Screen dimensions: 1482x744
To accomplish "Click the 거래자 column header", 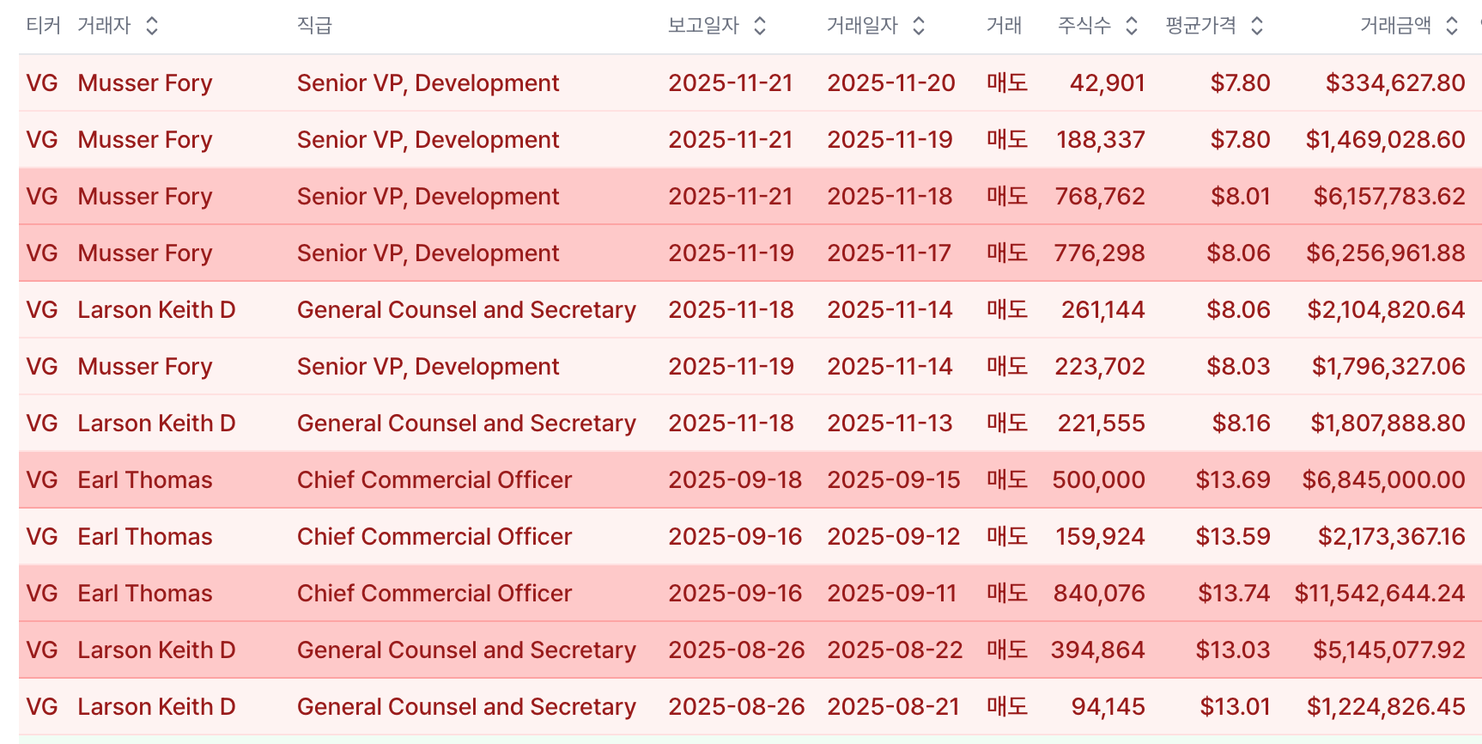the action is (x=104, y=26).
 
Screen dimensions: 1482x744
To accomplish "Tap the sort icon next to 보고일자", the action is (x=760, y=26).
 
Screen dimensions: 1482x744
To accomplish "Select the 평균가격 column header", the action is (x=1200, y=26).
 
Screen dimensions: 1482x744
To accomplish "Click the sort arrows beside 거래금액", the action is (x=1452, y=26).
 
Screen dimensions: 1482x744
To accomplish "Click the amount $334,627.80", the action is (x=1395, y=82).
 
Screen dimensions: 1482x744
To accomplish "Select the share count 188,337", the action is (x=1101, y=139).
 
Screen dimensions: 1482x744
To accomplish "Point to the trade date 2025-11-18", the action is (x=890, y=196).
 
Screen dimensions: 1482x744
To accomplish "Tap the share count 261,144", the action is (x=1103, y=309).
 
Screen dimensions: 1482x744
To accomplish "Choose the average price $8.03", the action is (x=1238, y=366).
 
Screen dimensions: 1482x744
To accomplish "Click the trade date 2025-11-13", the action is (x=890, y=423).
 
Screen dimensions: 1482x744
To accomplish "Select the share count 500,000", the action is (x=1099, y=479).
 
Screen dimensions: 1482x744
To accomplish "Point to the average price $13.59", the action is (x=1233, y=536).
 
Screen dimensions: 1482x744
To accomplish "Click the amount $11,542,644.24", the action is (x=1380, y=593).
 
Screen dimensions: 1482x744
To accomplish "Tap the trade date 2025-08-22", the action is (x=895, y=649).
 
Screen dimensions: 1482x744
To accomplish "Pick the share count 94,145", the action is (x=1108, y=706).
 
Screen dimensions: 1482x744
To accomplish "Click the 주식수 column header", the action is (x=1084, y=26).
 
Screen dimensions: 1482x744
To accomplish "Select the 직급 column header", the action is (x=314, y=26).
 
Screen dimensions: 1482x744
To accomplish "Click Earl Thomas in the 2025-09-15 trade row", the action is (x=145, y=479).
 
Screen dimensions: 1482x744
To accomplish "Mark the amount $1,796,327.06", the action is (x=1388, y=366).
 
